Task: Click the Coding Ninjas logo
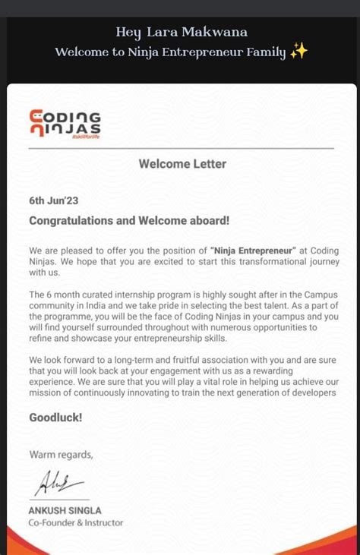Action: [x=65, y=125]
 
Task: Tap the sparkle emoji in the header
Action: [x=298, y=52]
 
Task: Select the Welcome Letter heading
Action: [x=182, y=163]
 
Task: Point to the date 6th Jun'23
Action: [x=53, y=201]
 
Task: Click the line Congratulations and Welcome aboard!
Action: [x=129, y=221]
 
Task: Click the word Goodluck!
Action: [x=55, y=418]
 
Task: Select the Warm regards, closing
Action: [x=61, y=455]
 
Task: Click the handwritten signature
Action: [x=56, y=483]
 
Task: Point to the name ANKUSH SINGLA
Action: [x=65, y=510]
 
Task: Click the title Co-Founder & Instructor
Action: [x=76, y=522]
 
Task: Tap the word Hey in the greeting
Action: [x=128, y=32]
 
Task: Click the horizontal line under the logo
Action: [x=181, y=148]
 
